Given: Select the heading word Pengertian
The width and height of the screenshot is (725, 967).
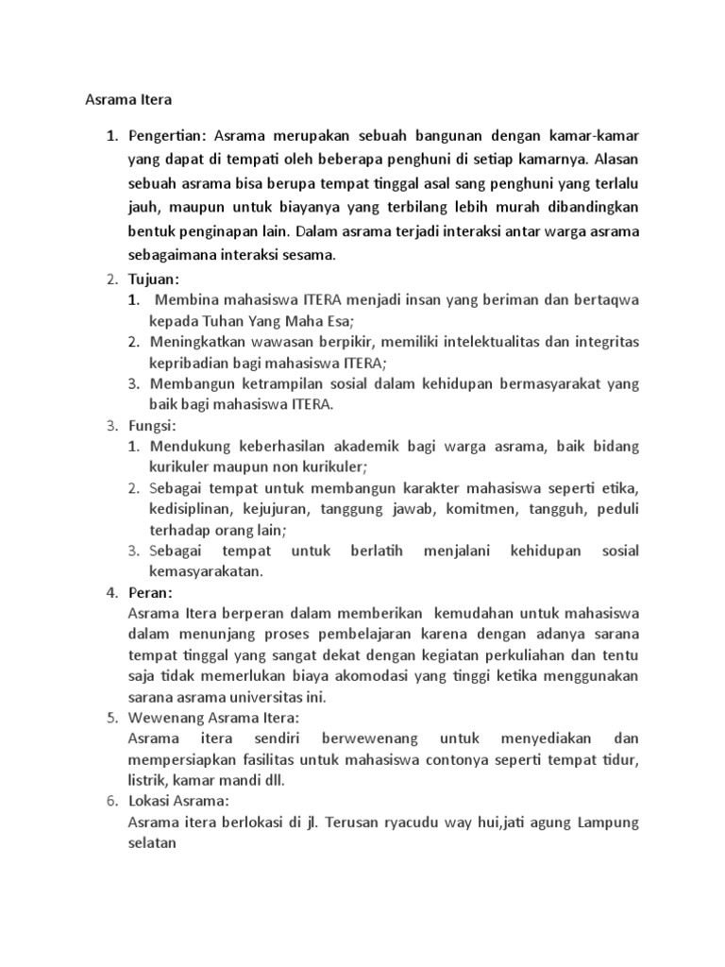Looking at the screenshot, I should pos(164,135).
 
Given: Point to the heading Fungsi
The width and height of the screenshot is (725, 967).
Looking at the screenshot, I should pos(152,426).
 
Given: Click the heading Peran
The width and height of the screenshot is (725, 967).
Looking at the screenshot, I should pos(150,592).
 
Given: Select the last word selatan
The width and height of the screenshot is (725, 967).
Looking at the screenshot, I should pos(153,842).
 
